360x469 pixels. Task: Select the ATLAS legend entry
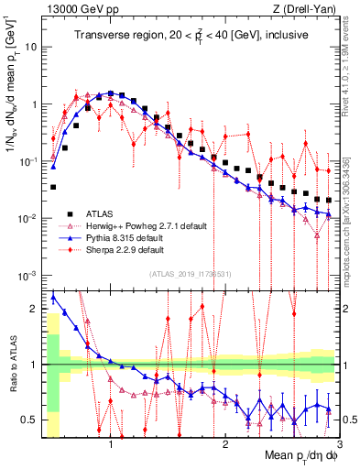click(104, 212)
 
